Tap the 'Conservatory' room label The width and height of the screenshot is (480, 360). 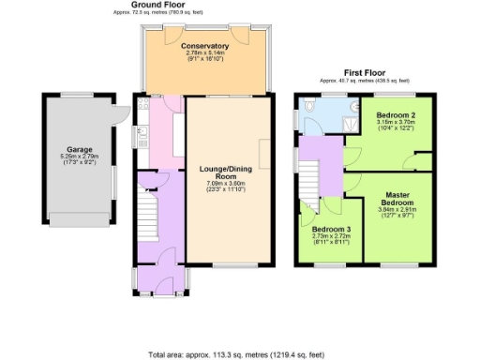pyautogui.click(x=206, y=46)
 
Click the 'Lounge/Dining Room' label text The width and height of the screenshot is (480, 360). pyautogui.click(x=224, y=174)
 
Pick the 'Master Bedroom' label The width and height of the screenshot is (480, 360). pyautogui.click(x=397, y=201)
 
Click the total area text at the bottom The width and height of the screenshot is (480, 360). pyautogui.click(x=239, y=355)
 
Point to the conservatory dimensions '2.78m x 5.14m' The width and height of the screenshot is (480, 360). pyautogui.click(x=206, y=53)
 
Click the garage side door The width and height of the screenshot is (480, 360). pyautogui.click(x=120, y=113)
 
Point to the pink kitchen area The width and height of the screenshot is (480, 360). pyautogui.click(x=161, y=131)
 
